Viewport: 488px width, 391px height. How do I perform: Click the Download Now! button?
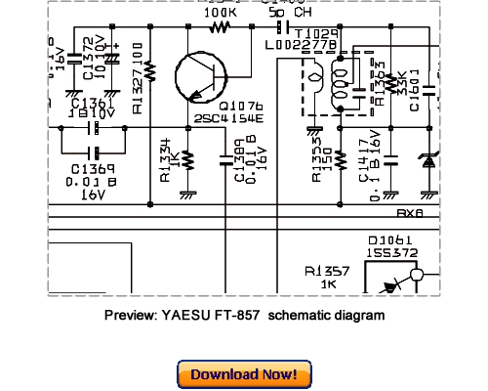(x=244, y=374)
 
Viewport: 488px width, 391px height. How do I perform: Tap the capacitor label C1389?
(x=241, y=161)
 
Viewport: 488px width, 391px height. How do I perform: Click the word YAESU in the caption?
(x=182, y=316)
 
